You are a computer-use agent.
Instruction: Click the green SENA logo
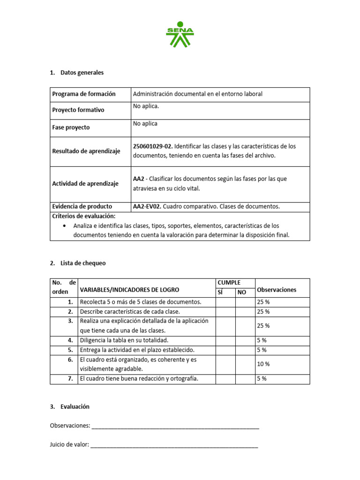180,35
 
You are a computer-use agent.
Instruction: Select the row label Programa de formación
83,94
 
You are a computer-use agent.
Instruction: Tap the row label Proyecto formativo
78,110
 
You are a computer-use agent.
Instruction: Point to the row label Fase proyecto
71,127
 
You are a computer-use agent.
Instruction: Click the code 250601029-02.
152,146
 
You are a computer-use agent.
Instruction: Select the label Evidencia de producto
82,206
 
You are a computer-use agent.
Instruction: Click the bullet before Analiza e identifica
64,225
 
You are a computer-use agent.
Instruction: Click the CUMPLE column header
229,283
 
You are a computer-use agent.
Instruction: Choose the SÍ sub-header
220,292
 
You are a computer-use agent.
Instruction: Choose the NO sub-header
242,292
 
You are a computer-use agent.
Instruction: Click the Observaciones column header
277,290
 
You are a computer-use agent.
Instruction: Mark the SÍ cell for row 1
225,302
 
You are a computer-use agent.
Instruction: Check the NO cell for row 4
245,340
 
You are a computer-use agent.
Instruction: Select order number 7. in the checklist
70,379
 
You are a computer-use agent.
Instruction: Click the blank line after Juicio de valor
174,445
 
